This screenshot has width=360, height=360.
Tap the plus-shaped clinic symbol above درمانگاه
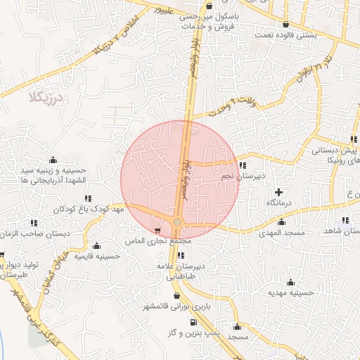279,191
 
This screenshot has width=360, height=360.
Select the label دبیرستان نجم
242,177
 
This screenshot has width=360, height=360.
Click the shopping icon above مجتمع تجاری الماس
157,230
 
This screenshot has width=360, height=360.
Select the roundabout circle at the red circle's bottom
177,222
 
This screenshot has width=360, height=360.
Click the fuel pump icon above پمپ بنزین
191,322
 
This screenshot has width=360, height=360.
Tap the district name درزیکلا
47,96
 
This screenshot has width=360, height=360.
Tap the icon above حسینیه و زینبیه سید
53,160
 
